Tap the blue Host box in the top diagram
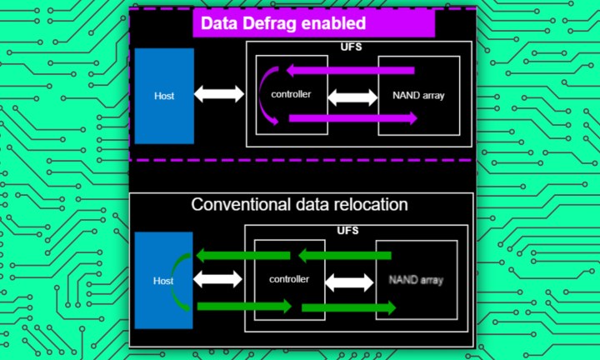tap(164, 94)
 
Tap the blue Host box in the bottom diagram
tap(163, 281)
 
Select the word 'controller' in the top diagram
tap(291, 93)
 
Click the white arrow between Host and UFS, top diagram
tap(219, 94)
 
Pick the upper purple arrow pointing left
tap(350, 70)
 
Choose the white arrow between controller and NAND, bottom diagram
tap(348, 282)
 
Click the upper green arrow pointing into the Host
tap(243, 254)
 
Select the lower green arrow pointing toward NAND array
tap(348, 308)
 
